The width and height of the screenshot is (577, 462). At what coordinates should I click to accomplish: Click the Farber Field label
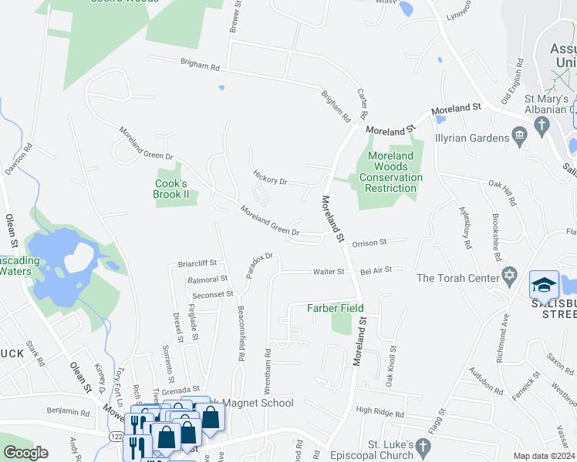click(336, 309)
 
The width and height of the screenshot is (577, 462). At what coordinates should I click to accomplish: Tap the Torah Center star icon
click(509, 276)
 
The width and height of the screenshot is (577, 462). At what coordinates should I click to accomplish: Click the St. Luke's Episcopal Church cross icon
click(423, 446)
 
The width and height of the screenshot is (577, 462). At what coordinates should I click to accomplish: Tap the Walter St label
click(328, 272)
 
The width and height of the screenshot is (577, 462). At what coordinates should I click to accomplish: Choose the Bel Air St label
click(376, 270)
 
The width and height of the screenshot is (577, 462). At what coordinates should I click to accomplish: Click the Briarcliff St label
click(197, 263)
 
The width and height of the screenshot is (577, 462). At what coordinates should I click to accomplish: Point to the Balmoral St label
click(208, 279)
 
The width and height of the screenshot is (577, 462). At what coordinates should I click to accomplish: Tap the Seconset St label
click(213, 294)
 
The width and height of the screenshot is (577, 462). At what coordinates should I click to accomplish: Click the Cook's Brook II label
click(171, 189)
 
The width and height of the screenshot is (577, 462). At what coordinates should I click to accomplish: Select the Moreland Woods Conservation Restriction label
click(390, 172)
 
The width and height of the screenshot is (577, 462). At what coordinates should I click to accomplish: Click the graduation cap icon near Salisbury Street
click(544, 283)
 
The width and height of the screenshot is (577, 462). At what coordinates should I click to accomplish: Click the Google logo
click(25, 453)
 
